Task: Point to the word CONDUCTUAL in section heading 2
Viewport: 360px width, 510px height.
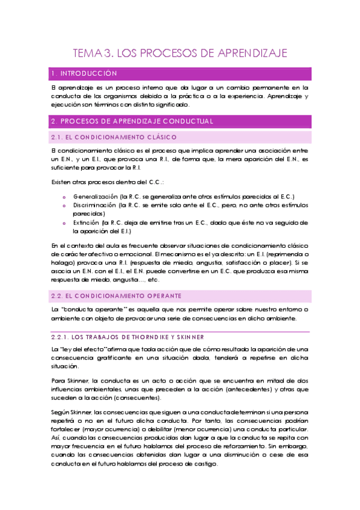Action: (x=187, y=121)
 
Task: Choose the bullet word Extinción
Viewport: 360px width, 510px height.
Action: (x=87, y=222)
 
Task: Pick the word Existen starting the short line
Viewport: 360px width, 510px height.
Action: (x=63, y=182)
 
